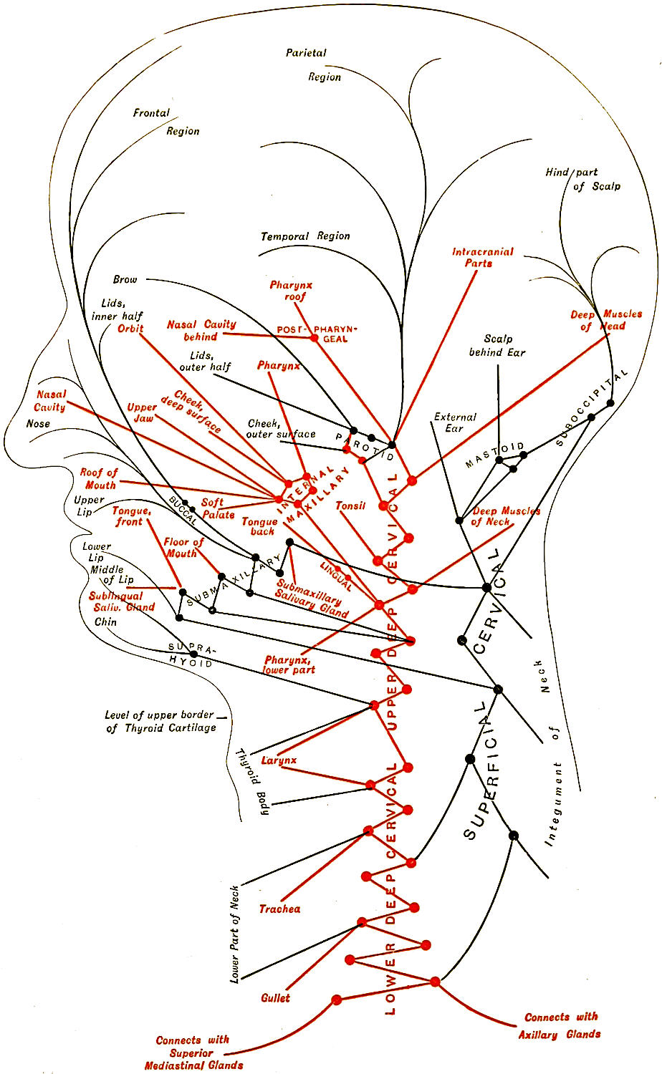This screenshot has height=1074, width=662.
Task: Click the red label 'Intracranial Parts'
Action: [x=482, y=257]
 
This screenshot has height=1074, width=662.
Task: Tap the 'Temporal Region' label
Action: [x=305, y=236]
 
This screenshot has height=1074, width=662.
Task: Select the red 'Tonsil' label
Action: [x=350, y=505]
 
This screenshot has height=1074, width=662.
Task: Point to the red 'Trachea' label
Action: [x=279, y=909]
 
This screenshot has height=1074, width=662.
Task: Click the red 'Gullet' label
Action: [x=276, y=997]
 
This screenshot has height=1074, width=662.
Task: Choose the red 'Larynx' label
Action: [x=279, y=760]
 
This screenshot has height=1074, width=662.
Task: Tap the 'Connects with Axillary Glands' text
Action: [x=560, y=1025]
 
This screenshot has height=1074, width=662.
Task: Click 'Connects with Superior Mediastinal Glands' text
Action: [x=193, y=1053]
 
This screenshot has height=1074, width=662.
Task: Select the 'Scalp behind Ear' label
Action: [x=497, y=346]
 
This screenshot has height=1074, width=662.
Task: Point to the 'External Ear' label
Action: [x=454, y=422]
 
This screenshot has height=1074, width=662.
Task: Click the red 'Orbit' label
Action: [x=130, y=329]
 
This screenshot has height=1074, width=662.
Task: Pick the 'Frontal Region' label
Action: [x=166, y=122]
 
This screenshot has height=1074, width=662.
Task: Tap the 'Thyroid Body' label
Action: [x=256, y=780]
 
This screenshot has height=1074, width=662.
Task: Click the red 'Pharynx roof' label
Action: [x=291, y=290]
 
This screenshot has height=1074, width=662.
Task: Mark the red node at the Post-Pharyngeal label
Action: [x=314, y=337]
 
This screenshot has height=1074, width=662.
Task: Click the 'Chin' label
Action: [x=105, y=621]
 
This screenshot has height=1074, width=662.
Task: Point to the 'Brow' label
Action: [x=125, y=279]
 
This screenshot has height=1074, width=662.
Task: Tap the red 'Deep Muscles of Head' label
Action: [x=605, y=320]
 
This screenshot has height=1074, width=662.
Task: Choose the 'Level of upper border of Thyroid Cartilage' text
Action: [x=160, y=721]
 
